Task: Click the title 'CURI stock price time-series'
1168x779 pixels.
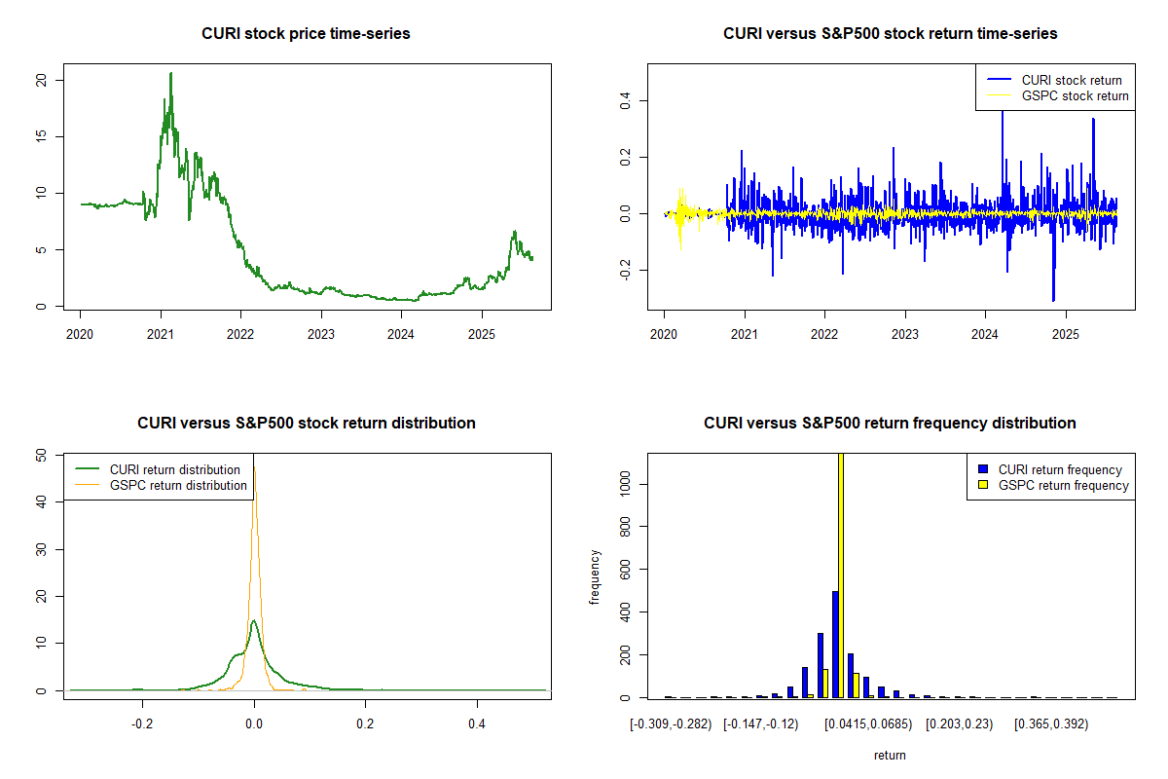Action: (306, 34)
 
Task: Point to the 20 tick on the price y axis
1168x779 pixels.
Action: (41, 79)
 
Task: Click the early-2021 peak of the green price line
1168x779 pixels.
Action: (170, 74)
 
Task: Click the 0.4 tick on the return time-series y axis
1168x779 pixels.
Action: (625, 101)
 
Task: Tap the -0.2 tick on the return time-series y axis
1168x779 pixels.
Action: (625, 269)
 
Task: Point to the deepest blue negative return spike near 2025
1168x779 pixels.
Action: (1053, 299)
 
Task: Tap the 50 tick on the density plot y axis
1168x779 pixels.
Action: (41, 455)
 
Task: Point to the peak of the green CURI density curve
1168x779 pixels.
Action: (253, 621)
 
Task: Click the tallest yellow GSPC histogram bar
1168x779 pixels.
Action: (840, 575)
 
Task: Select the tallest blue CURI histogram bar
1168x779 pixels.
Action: (835, 644)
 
